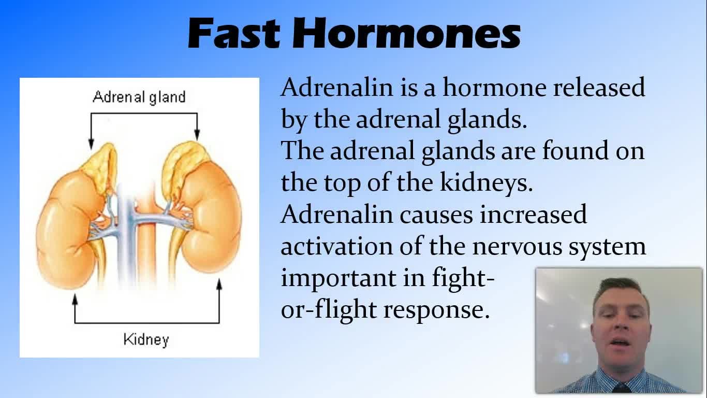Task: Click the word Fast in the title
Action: click(234, 33)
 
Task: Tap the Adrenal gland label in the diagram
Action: click(139, 97)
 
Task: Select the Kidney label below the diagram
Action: click(146, 340)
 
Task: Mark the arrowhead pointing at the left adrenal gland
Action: click(91, 144)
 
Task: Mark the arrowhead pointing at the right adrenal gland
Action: click(197, 134)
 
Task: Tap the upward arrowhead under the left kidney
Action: click(75, 298)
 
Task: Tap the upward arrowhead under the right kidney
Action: click(219, 284)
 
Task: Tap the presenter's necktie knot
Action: click(621, 388)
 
